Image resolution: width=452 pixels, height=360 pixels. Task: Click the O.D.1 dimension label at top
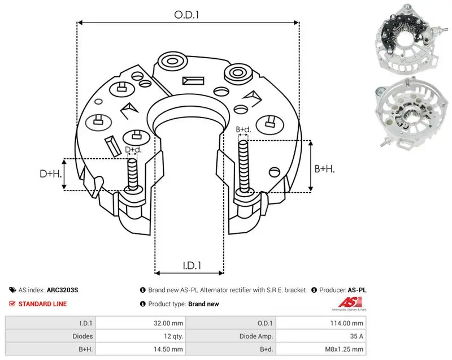click(186, 15)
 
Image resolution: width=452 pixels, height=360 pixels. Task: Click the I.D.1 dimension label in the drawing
click(192, 266)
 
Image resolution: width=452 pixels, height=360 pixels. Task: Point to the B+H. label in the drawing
click(324, 169)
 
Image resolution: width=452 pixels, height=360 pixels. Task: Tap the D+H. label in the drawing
click(51, 174)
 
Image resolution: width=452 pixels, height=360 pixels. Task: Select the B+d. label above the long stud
click(244, 129)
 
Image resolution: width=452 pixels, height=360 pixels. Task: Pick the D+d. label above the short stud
click(133, 150)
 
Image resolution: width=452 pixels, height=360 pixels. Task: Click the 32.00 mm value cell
click(168, 323)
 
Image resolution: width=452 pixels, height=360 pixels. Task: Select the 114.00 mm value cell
click(346, 323)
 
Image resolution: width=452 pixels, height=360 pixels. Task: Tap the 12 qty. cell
click(173, 336)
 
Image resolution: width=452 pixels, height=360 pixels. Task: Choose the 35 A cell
click(357, 336)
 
